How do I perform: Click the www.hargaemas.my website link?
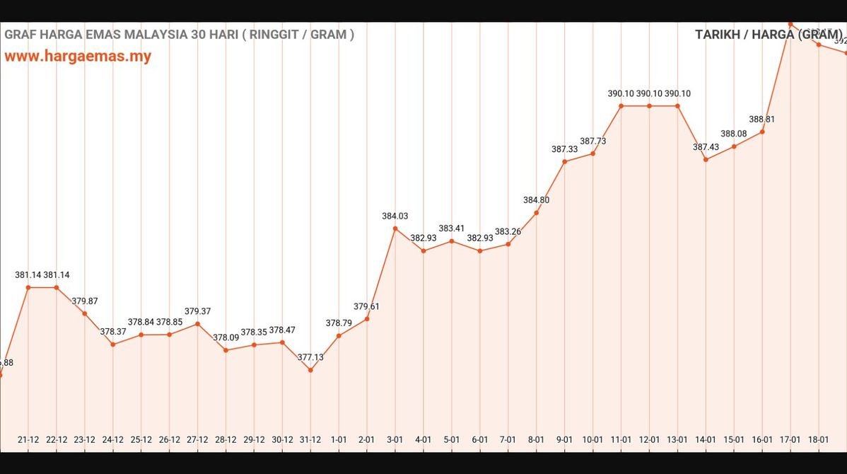78,57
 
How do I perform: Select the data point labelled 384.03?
395,229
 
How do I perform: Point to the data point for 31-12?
310,370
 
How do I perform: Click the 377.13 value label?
310,357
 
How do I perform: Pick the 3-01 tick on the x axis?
395,439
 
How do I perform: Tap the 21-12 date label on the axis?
28,439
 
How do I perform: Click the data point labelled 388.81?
762,132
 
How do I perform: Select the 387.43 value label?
706,147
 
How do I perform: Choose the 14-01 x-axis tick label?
706,439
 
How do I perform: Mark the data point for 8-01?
537,212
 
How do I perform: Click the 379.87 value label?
85,301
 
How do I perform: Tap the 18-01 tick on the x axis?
819,439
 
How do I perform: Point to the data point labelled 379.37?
197,324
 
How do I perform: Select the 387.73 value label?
593,141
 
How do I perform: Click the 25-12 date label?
141,439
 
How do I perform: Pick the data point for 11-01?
621,106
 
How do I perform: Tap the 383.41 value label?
452,229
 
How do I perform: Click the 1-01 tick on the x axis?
339,439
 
